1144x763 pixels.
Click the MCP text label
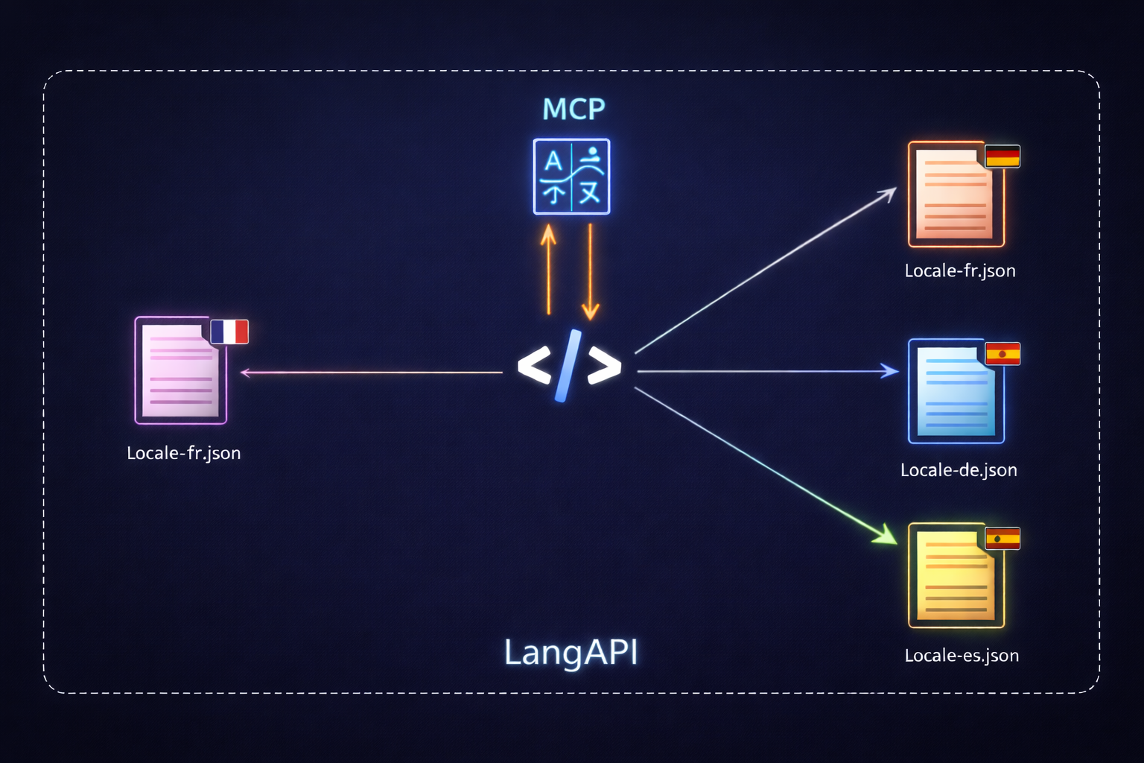(573, 110)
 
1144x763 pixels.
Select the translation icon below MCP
(571, 177)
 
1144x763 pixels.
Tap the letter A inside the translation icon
(553, 161)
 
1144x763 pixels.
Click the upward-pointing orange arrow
(549, 268)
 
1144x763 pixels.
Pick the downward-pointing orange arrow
(590, 272)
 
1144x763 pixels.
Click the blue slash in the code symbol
(568, 366)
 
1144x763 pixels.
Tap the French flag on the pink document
(229, 332)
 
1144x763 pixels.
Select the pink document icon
(181, 370)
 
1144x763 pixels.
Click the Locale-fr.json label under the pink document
(183, 453)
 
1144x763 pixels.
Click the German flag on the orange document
(1002, 156)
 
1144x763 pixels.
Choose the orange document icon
(956, 194)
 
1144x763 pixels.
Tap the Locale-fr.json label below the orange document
(959, 270)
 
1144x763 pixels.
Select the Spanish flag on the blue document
(1002, 353)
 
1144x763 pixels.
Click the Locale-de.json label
(958, 470)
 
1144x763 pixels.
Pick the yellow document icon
(956, 575)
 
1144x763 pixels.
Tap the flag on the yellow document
(1002, 538)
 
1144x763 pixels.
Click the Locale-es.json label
(961, 656)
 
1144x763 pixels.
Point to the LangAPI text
(571, 652)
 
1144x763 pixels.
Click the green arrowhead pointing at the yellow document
(886, 535)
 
